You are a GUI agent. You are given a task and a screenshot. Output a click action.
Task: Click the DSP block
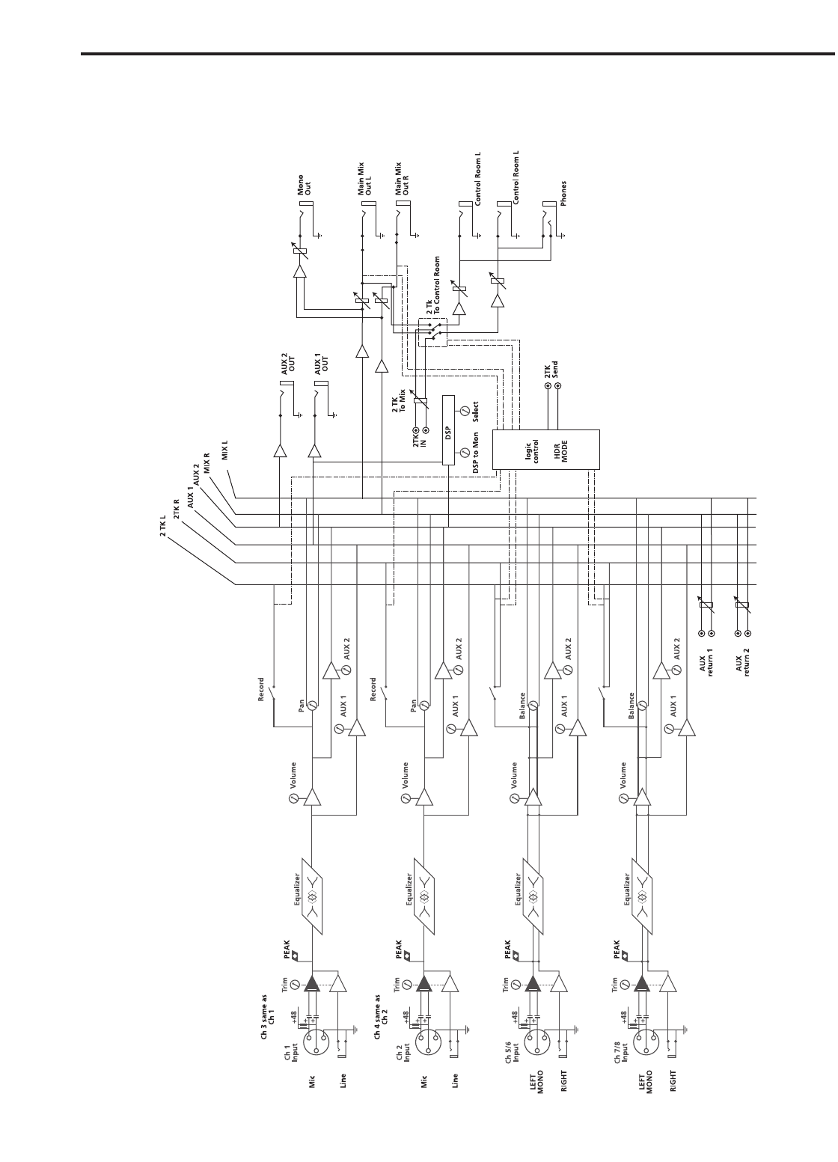click(449, 430)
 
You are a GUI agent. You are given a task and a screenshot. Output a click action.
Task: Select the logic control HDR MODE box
click(546, 450)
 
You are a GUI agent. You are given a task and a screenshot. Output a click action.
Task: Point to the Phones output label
click(563, 193)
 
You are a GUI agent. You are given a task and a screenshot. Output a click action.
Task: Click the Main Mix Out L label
click(367, 180)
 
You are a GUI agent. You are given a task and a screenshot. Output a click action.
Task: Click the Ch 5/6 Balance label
click(522, 706)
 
